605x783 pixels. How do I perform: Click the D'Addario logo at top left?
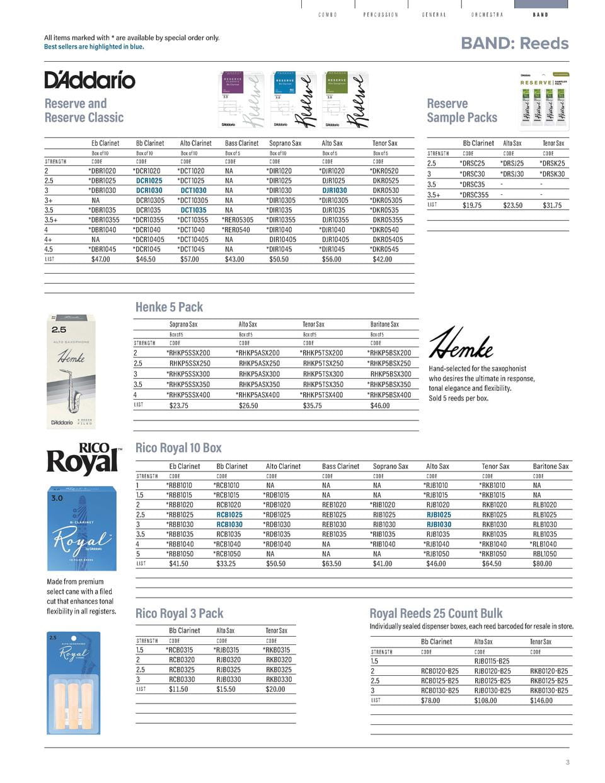pos(89,80)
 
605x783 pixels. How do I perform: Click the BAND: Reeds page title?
pos(514,43)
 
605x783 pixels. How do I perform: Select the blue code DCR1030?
pos(149,190)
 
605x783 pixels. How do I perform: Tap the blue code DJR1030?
pos(334,190)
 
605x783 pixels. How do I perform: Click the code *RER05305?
pos(238,220)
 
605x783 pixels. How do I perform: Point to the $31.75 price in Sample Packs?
pos(551,206)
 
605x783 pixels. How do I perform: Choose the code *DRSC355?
pos(474,195)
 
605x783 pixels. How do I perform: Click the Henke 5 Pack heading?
pos(169,307)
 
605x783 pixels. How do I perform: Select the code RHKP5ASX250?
pos(259,364)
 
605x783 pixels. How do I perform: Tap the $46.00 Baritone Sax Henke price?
pos(380,405)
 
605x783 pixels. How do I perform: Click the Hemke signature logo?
pos(461,344)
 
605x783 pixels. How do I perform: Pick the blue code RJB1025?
pos(439,514)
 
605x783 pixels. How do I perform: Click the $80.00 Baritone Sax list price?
pos(542,564)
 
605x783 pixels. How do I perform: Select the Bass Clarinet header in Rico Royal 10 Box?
pos(340,467)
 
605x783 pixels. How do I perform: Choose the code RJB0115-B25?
pos(492,661)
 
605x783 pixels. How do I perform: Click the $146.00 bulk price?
pos(541,700)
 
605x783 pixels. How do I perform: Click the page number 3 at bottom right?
pos(567,762)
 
